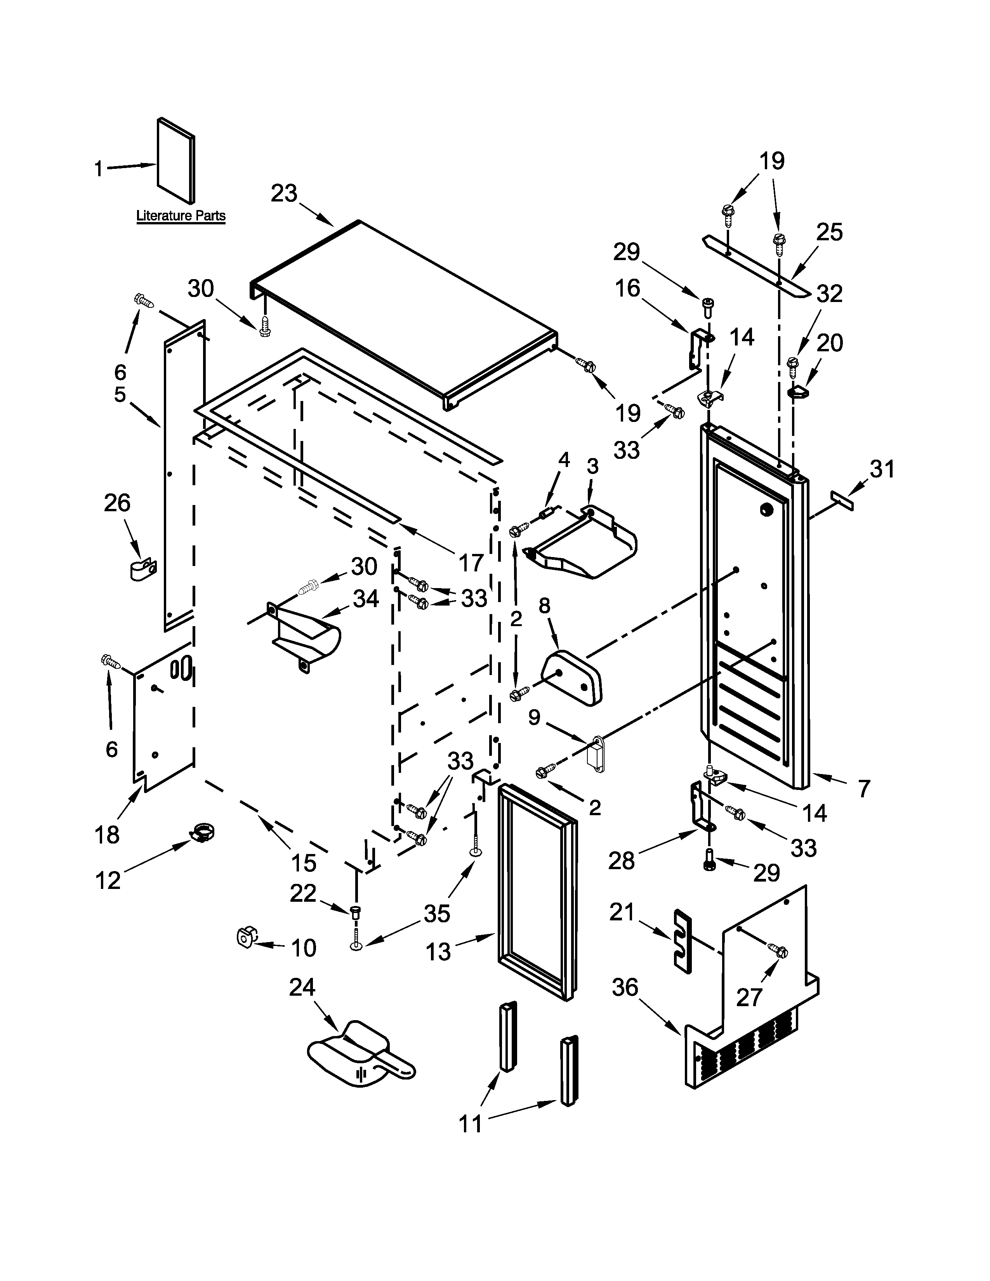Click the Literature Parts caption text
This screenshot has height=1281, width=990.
[181, 216]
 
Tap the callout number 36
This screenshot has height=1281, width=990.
[625, 988]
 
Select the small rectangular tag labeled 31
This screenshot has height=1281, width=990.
[842, 502]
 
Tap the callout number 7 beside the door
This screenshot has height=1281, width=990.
[864, 788]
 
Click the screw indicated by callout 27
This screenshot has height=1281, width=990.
[779, 952]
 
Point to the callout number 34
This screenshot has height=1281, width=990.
[365, 599]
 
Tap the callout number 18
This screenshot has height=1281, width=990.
[107, 834]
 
